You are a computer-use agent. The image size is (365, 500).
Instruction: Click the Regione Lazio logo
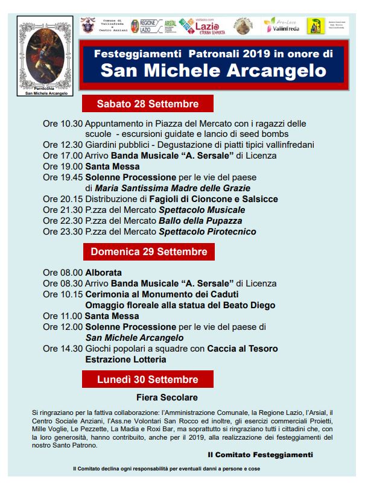[x=146, y=26]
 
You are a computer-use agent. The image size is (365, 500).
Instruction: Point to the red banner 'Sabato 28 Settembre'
[x=148, y=103]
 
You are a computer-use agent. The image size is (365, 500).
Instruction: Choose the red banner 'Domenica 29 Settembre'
[x=148, y=252]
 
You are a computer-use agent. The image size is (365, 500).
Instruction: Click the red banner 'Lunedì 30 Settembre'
[x=148, y=379]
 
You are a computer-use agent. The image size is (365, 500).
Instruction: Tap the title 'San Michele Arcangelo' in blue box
[x=214, y=71]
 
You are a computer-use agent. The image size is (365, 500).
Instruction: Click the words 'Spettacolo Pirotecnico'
[x=207, y=232]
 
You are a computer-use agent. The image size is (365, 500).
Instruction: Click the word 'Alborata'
[x=103, y=273]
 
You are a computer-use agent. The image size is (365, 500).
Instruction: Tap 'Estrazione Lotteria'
[x=125, y=359]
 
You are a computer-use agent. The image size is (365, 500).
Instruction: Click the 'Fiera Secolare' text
[x=167, y=397]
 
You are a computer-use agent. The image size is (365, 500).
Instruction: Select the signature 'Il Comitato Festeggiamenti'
[x=260, y=454]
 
